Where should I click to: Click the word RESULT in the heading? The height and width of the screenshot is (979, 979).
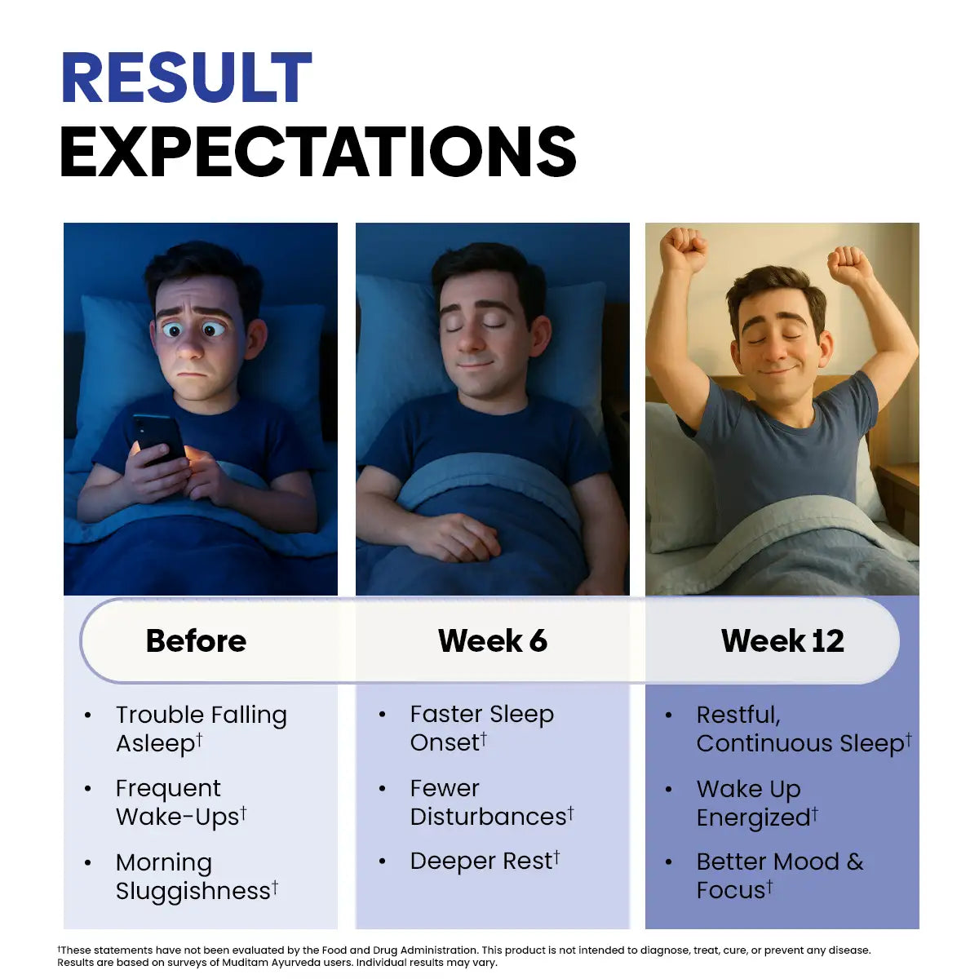click(187, 78)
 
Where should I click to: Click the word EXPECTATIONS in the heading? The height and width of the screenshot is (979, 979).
click(318, 152)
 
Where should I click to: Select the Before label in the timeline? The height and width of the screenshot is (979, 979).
click(196, 640)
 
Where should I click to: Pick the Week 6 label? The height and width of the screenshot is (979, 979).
click(492, 640)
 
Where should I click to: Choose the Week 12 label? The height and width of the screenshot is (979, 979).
click(782, 640)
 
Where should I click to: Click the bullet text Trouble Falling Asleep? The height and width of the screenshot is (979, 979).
click(202, 729)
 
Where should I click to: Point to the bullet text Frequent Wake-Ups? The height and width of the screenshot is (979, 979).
click(181, 803)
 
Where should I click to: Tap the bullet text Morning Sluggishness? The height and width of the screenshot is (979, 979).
click(197, 876)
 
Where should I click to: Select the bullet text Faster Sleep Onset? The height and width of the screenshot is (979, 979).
click(482, 728)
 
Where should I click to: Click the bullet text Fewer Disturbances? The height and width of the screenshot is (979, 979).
click(492, 803)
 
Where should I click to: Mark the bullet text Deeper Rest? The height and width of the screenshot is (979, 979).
click(485, 862)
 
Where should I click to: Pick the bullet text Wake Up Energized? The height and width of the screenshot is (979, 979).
click(757, 804)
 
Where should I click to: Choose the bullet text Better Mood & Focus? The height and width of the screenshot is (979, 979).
click(780, 876)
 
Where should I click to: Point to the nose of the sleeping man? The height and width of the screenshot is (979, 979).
click(470, 340)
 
